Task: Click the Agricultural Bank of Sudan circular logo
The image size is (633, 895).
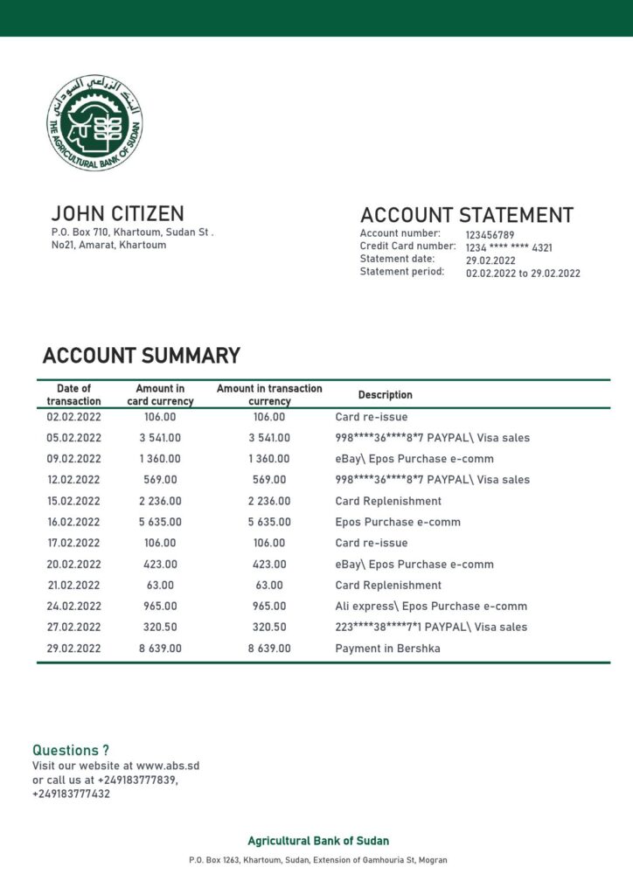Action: pyautogui.click(x=94, y=122)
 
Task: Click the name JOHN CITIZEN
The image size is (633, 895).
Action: pyautogui.click(x=117, y=213)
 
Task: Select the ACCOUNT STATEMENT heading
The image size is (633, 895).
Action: pyautogui.click(x=466, y=215)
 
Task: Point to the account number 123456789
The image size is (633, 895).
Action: pyautogui.click(x=490, y=235)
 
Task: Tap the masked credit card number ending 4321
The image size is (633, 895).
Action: pyautogui.click(x=508, y=248)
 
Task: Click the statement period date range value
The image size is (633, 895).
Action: pyautogui.click(x=522, y=274)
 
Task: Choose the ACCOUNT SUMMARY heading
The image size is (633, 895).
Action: pyautogui.click(x=141, y=356)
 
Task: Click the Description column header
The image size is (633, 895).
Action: pyautogui.click(x=385, y=395)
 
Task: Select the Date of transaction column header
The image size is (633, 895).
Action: pyautogui.click(x=73, y=395)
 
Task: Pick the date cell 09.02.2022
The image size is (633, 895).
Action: pyautogui.click(x=73, y=459)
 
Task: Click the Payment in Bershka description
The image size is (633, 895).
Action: pyautogui.click(x=386, y=649)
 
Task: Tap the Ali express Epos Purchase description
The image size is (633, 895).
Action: pyautogui.click(x=430, y=607)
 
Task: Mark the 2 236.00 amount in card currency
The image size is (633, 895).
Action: pyautogui.click(x=160, y=501)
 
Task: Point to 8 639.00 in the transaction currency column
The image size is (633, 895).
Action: pyautogui.click(x=269, y=649)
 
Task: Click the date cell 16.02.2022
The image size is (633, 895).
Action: pyautogui.click(x=73, y=522)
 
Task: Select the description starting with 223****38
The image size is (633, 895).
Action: pyautogui.click(x=430, y=628)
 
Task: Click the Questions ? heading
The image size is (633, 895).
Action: pyautogui.click(x=71, y=750)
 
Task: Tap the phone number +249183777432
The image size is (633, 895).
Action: pyautogui.click(x=71, y=794)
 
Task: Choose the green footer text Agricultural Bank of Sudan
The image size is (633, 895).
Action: pyautogui.click(x=318, y=841)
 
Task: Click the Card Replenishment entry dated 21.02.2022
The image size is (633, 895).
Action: pyautogui.click(x=388, y=586)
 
